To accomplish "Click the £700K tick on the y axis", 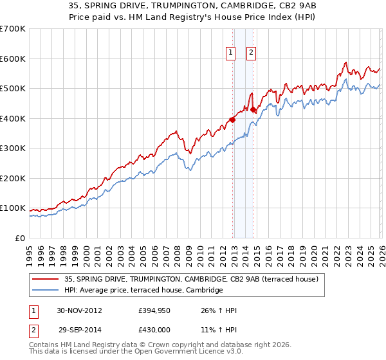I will coord(13,29).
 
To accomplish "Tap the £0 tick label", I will coord(20,238).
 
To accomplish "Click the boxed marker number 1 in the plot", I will coord(230,53).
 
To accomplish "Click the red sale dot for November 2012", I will coord(232,119).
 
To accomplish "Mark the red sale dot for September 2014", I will coord(253,110).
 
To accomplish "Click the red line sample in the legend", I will coord(46,279).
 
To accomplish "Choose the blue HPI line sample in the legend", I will coord(46,291).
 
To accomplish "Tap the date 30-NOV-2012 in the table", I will coord(80,310).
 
